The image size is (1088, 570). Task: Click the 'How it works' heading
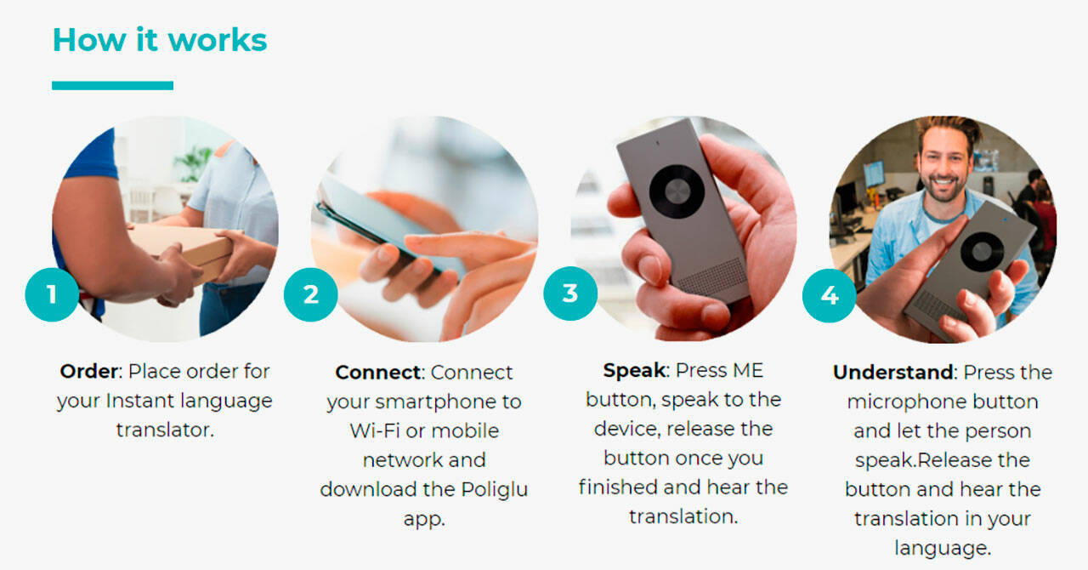[160, 39]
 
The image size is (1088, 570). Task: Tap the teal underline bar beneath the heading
[113, 86]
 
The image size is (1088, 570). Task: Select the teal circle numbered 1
[52, 294]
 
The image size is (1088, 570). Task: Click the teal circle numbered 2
[311, 294]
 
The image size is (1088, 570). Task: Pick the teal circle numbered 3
[570, 294]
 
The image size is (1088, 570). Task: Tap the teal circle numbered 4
[829, 295]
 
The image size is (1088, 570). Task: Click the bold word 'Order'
[88, 372]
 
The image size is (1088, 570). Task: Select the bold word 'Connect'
[378, 373]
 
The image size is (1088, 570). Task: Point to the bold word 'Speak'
[634, 371]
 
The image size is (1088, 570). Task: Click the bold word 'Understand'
[892, 373]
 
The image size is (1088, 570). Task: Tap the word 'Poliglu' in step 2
[495, 490]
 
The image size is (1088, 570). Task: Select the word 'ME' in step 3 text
[748, 371]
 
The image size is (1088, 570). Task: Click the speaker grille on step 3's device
[712, 279]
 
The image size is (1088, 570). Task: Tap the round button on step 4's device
[982, 252]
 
